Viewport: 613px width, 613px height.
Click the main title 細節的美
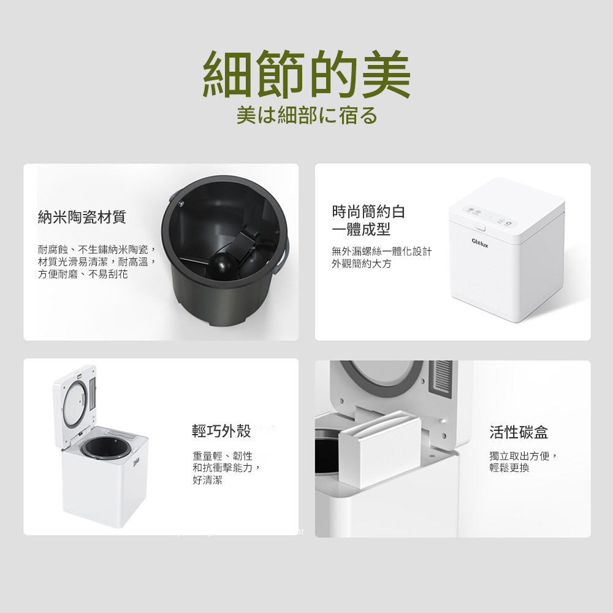(x=306, y=74)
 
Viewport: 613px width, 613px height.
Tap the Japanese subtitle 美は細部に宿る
(x=307, y=115)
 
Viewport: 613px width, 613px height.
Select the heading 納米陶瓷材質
(x=82, y=216)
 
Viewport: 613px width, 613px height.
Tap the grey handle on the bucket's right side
(x=284, y=255)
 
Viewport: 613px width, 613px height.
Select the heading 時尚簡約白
(x=368, y=211)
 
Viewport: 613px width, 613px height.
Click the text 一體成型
(x=361, y=229)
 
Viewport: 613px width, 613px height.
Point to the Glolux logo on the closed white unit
(x=480, y=243)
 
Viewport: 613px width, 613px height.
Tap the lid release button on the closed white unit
(x=480, y=227)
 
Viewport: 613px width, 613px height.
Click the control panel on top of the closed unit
(x=490, y=216)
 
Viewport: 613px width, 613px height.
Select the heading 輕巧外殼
(x=221, y=431)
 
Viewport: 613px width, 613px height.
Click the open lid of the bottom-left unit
(x=75, y=405)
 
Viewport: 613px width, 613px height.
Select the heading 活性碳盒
(x=519, y=432)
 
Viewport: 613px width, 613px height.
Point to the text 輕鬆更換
(x=509, y=468)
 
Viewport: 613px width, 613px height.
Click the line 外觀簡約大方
(x=361, y=264)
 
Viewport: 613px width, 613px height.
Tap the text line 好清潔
(x=207, y=480)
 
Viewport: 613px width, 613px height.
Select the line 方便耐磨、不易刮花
(x=83, y=274)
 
